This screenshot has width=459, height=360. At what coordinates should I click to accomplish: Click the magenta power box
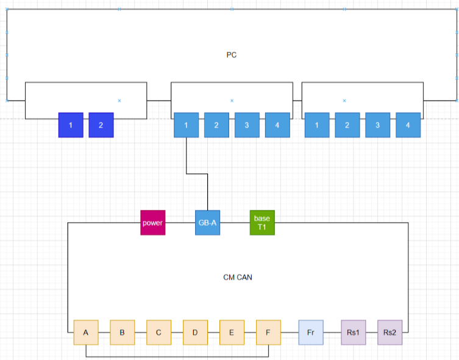153,223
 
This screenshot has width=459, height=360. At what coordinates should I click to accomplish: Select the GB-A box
207,223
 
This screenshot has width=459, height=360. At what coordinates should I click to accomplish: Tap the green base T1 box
262,223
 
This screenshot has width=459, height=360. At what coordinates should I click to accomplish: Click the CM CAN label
238,277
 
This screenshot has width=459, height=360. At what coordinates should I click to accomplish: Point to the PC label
232,55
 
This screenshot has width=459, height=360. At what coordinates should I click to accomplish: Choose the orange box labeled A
86,333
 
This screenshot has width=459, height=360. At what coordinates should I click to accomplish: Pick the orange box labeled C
158,333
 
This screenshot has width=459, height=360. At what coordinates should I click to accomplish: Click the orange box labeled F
268,333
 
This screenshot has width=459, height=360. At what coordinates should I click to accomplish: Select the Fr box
311,333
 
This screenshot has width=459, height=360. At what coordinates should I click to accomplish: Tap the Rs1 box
354,333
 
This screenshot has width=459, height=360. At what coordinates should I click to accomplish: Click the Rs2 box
390,333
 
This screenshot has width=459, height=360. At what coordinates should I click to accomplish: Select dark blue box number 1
71,125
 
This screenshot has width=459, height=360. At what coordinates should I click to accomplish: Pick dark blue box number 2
101,125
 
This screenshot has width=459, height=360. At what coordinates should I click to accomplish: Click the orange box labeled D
195,333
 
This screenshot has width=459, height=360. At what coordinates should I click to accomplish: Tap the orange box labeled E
232,333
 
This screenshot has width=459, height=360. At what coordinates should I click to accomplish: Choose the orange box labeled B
122,333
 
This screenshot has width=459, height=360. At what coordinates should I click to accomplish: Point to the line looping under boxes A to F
177,357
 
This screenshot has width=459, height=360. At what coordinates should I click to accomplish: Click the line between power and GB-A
180,223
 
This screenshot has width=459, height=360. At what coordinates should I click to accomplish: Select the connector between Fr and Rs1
332,333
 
